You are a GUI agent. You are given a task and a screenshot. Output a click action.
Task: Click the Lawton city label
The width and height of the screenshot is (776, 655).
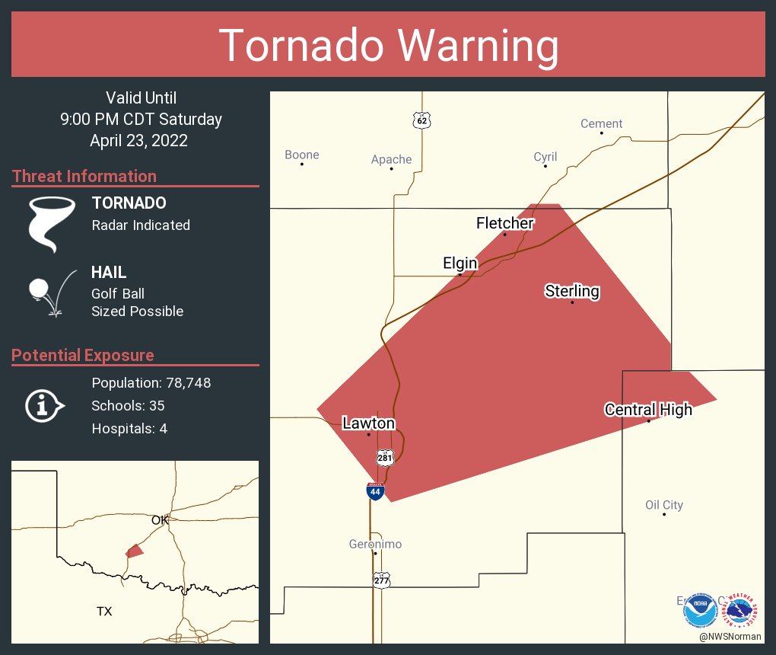click(x=368, y=423)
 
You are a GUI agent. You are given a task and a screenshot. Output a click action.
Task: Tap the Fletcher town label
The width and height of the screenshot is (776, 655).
click(x=504, y=223)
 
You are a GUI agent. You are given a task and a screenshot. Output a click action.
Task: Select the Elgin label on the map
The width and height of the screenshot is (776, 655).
click(x=460, y=264)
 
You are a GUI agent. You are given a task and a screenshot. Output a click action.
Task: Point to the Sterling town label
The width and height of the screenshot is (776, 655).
click(x=572, y=291)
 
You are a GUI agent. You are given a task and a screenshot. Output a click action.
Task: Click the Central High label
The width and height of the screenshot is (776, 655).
click(x=648, y=410)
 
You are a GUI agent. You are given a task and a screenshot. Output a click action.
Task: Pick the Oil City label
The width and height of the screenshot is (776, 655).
click(x=663, y=505)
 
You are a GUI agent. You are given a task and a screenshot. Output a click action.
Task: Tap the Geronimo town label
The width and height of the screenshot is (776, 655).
click(x=375, y=544)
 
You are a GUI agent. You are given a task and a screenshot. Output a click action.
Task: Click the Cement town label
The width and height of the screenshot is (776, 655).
click(x=601, y=123)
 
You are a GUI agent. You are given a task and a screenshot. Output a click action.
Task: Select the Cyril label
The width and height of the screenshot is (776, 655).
click(x=545, y=157)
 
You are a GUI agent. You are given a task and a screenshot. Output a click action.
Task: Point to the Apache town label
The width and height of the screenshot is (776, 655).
click(x=391, y=159)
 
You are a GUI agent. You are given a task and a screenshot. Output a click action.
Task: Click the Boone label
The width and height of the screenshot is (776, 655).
click(x=302, y=155)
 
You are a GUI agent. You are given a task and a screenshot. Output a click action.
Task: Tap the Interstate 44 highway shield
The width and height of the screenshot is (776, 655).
click(x=375, y=491)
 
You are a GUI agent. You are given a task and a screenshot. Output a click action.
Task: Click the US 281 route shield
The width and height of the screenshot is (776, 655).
click(x=384, y=457)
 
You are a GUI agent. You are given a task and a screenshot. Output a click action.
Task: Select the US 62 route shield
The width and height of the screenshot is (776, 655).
click(x=422, y=120)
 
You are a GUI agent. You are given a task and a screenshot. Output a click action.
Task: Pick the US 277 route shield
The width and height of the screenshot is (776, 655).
click(x=381, y=580)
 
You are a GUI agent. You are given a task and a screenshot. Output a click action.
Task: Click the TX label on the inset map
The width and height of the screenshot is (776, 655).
click(x=104, y=611)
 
